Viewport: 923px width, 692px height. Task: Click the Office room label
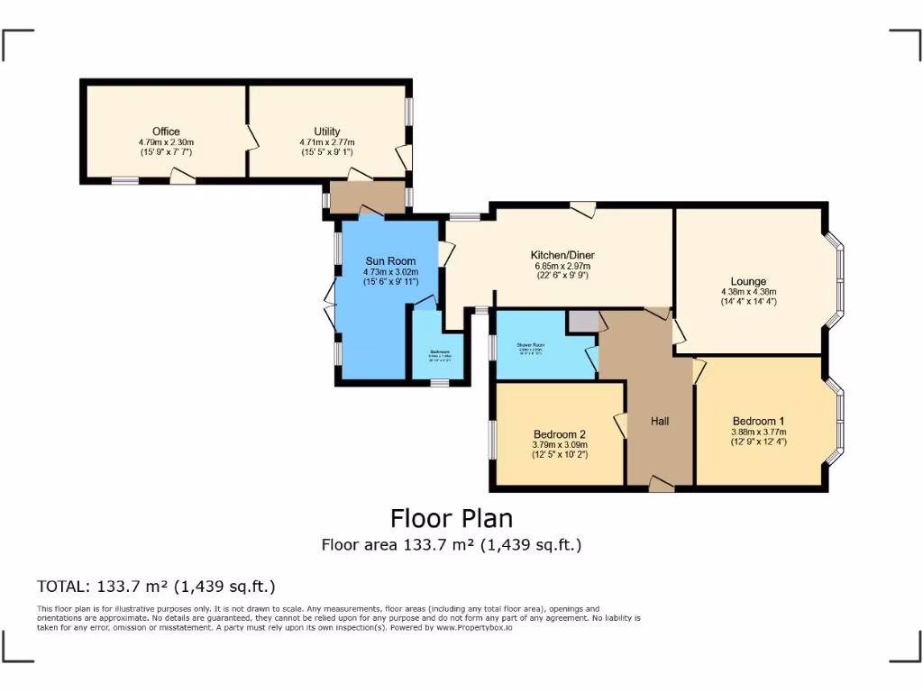point(166,132)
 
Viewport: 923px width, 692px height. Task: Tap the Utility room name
point(327,132)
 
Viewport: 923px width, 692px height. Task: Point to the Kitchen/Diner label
point(562,255)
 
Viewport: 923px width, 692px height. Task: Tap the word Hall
point(659,420)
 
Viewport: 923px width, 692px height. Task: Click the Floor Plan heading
point(451,519)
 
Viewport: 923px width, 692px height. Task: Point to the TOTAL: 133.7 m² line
point(155,587)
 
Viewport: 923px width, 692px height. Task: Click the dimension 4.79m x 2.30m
point(166,142)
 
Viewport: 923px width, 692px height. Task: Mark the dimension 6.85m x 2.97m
point(562,266)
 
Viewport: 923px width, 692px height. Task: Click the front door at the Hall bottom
point(661,486)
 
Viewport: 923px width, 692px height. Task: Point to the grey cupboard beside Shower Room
point(582,322)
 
